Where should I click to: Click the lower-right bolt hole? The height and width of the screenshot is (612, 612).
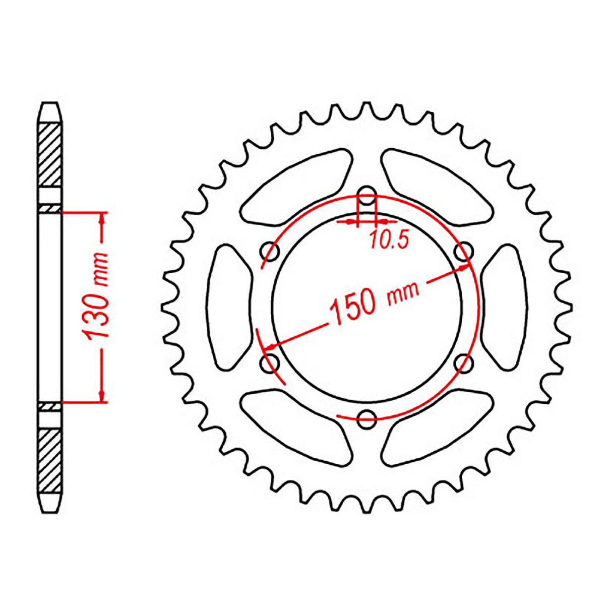[x=463, y=361]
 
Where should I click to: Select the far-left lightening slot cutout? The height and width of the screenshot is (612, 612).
[x=229, y=306]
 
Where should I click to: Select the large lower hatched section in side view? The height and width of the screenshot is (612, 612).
[x=50, y=459]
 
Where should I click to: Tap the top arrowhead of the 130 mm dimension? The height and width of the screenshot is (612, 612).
[x=102, y=218]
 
